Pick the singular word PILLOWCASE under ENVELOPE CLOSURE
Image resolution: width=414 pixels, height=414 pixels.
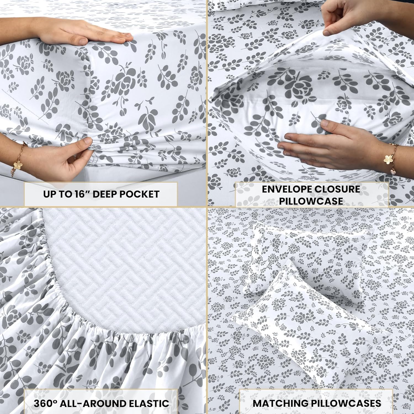311,201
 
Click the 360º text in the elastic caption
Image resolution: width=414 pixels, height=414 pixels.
46,403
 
